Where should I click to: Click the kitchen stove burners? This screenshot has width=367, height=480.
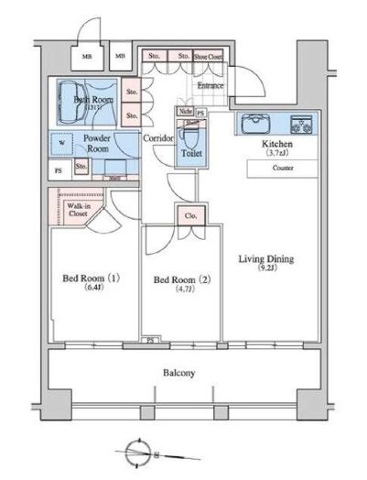coord(301,124)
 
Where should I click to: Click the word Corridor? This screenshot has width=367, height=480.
coord(158,137)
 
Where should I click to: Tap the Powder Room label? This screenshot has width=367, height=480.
coord(97,144)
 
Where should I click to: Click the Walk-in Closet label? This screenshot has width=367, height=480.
coord(79,212)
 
